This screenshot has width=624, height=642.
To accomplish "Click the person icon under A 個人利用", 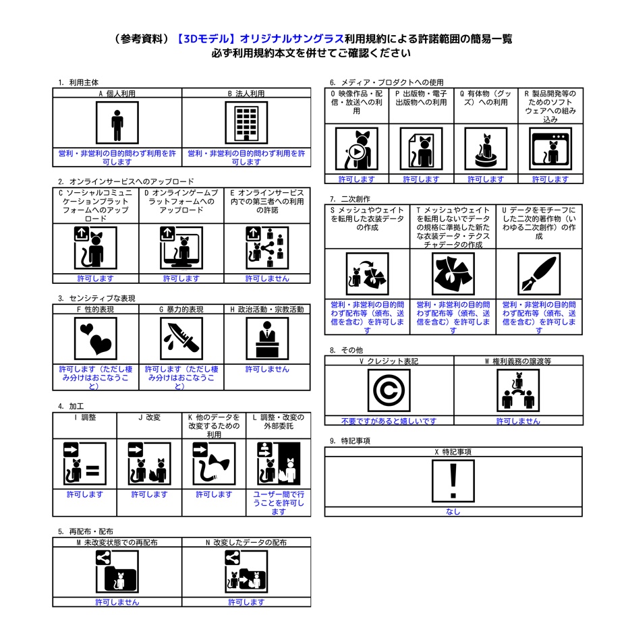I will click(x=117, y=123).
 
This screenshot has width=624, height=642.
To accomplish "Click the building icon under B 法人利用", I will click(x=246, y=123).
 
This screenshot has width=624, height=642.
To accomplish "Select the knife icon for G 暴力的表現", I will click(x=181, y=338).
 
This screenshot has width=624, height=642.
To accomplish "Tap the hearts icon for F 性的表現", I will click(x=95, y=338).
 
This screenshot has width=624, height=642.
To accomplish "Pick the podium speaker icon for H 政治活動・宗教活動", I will click(x=267, y=338).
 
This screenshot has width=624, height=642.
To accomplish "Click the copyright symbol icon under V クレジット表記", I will click(x=389, y=390).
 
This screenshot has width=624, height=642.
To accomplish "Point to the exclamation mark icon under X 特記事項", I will click(x=453, y=481).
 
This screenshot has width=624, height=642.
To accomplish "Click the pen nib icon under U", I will click(x=538, y=274).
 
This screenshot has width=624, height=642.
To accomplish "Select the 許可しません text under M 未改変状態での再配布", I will click(x=117, y=602).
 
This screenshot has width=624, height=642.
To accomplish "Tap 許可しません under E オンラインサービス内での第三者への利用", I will click(x=267, y=279).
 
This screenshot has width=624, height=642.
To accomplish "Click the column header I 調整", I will click(x=84, y=417).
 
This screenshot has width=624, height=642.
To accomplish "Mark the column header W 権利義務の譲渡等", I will click(x=518, y=361).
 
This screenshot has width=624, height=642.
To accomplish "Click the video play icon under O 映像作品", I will click(x=356, y=149).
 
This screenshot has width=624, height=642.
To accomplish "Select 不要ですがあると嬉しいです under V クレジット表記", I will click(x=389, y=421).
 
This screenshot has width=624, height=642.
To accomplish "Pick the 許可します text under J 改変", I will click(x=149, y=494).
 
